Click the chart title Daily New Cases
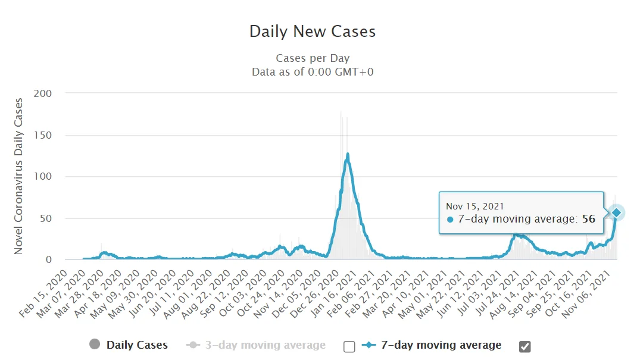(x=313, y=32)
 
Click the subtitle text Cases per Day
(x=313, y=58)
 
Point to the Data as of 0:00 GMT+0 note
(x=313, y=72)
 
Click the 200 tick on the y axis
(x=43, y=93)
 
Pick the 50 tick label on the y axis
(x=46, y=218)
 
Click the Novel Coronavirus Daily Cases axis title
(x=18, y=177)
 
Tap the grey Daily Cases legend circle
(x=94, y=345)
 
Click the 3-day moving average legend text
(x=265, y=345)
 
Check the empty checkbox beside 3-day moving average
(x=349, y=346)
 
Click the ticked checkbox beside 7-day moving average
(x=524, y=346)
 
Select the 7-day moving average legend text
(x=442, y=345)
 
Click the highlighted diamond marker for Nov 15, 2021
(x=617, y=212)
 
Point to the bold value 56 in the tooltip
(x=589, y=219)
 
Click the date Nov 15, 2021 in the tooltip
(x=475, y=206)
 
